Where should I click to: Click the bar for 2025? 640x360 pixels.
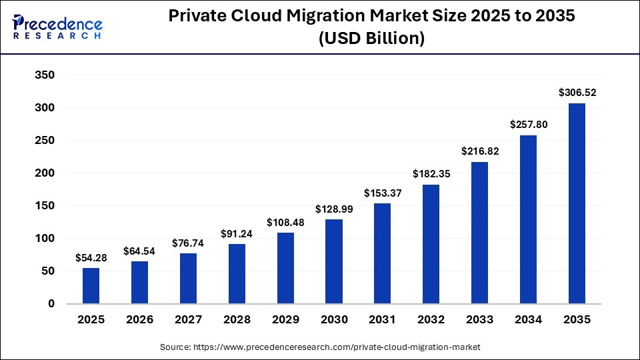[91, 286]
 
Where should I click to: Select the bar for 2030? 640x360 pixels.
[334, 261]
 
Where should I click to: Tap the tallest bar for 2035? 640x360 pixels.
[577, 203]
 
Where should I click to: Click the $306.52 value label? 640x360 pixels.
[577, 93]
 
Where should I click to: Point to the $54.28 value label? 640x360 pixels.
[91, 257]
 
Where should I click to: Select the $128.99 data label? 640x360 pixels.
[334, 209]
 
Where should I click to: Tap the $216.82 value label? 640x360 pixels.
[480, 151]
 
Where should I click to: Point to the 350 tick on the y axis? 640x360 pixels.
[45, 75]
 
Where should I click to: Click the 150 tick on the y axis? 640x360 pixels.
[45, 206]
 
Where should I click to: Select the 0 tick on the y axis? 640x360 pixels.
[51, 304]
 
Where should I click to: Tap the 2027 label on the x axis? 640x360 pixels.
[188, 320]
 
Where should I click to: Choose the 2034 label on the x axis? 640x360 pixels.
[528, 320]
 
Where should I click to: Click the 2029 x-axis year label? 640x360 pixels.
[285, 320]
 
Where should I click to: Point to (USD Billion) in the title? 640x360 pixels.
[371, 39]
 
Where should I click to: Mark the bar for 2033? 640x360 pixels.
[480, 233]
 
